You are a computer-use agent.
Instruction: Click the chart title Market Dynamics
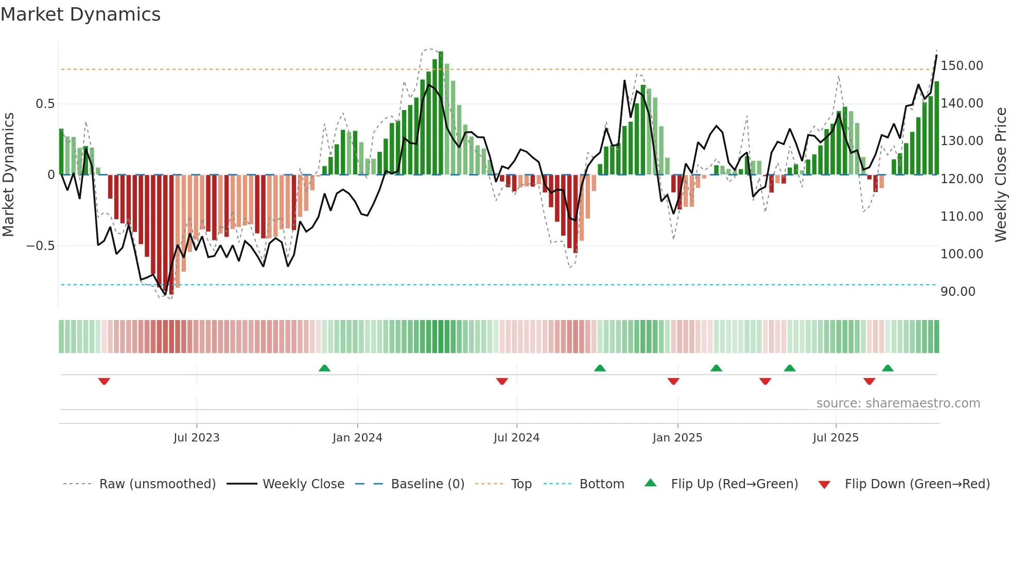(x=81, y=14)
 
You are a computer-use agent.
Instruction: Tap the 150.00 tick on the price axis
(x=961, y=66)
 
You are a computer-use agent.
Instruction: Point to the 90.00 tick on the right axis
(x=958, y=292)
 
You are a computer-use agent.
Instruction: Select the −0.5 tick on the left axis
(x=41, y=246)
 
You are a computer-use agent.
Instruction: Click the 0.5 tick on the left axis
(x=45, y=104)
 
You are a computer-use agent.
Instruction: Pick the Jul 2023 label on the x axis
(x=196, y=438)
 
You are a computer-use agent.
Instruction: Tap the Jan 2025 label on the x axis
(x=677, y=438)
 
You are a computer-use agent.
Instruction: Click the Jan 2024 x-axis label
(x=357, y=438)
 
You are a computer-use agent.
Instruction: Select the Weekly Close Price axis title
(x=1000, y=174)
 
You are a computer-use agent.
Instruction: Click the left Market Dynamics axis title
(x=9, y=174)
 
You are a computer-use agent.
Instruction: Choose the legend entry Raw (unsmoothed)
(x=157, y=484)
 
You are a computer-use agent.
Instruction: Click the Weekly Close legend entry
(x=303, y=484)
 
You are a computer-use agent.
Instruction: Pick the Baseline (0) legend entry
(x=427, y=484)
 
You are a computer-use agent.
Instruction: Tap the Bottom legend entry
(x=601, y=484)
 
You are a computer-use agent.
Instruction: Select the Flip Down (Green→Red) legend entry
(x=917, y=484)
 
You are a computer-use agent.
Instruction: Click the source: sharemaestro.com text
(x=898, y=403)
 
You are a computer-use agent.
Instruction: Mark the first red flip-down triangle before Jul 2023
(x=104, y=381)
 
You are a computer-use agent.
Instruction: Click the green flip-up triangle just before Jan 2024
(x=324, y=368)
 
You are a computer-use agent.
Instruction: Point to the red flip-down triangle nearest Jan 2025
(x=673, y=381)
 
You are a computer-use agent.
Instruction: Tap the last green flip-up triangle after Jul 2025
(x=888, y=368)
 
